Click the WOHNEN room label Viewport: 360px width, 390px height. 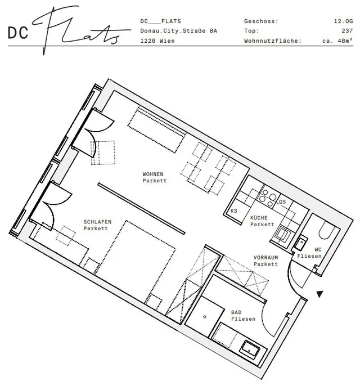click(x=153, y=174)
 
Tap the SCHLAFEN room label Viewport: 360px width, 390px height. click(x=97, y=222)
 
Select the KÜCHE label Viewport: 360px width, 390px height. click(x=259, y=218)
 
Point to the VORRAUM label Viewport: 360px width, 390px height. click(x=265, y=258)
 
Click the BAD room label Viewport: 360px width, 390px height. click(x=236, y=312)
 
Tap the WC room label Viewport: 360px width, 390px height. click(x=318, y=249)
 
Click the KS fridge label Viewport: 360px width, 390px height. click(x=233, y=210)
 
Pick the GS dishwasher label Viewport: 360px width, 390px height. click(x=282, y=201)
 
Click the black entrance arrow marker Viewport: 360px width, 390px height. click(x=320, y=294)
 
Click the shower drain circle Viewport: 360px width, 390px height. click(x=205, y=317)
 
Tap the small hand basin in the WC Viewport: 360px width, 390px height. click(x=301, y=242)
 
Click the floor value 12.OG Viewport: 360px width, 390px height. click(x=343, y=21)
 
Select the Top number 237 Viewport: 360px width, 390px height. click(x=347, y=31)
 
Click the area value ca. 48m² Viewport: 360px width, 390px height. click(x=337, y=41)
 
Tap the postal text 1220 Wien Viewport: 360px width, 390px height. click(x=157, y=41)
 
